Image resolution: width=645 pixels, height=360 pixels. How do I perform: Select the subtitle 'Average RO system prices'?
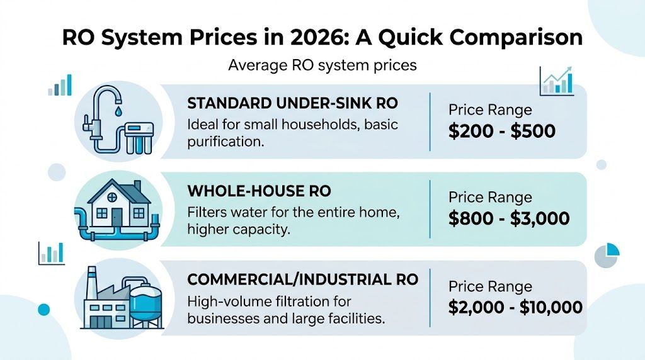(322, 65)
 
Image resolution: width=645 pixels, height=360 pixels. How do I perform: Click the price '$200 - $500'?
(502, 131)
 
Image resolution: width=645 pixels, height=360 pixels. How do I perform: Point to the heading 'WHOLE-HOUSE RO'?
(259, 191)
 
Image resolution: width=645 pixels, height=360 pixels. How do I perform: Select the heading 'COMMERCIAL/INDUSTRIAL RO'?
(303, 279)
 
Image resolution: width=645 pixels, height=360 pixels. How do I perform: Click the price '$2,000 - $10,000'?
(515, 307)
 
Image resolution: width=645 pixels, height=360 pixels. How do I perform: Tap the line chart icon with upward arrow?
(556, 81)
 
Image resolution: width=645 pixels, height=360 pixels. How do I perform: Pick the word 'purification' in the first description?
(223, 142)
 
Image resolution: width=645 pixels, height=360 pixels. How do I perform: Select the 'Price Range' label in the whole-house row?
(490, 197)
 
